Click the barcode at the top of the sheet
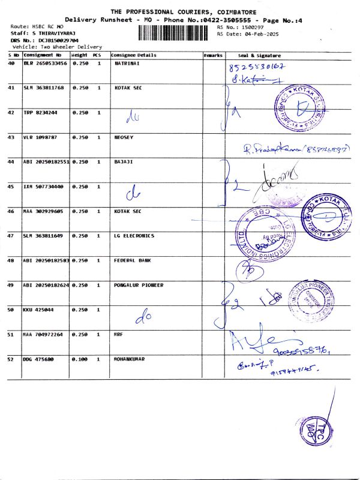click(178, 32)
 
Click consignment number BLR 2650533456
click(45, 63)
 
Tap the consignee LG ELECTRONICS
click(134, 236)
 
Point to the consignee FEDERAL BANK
click(131, 260)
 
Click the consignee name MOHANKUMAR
click(131, 359)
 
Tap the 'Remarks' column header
click(213, 55)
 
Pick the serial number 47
click(11, 236)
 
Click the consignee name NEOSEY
click(124, 137)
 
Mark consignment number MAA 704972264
click(43, 334)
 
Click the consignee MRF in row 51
click(118, 334)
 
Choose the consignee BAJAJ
click(123, 162)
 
